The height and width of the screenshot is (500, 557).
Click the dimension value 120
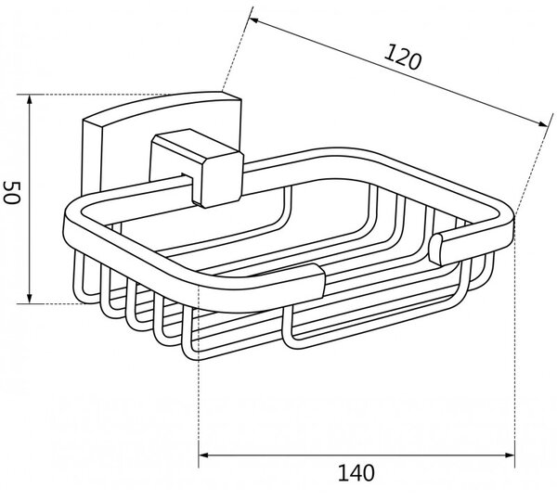click(403, 57)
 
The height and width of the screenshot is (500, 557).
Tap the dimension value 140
click(356, 473)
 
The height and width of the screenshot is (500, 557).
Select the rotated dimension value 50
click(11, 192)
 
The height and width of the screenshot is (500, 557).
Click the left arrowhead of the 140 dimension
click(203, 455)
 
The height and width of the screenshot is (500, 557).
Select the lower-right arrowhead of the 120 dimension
click(543, 123)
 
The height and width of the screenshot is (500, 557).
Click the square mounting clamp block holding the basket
click(197, 168)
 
